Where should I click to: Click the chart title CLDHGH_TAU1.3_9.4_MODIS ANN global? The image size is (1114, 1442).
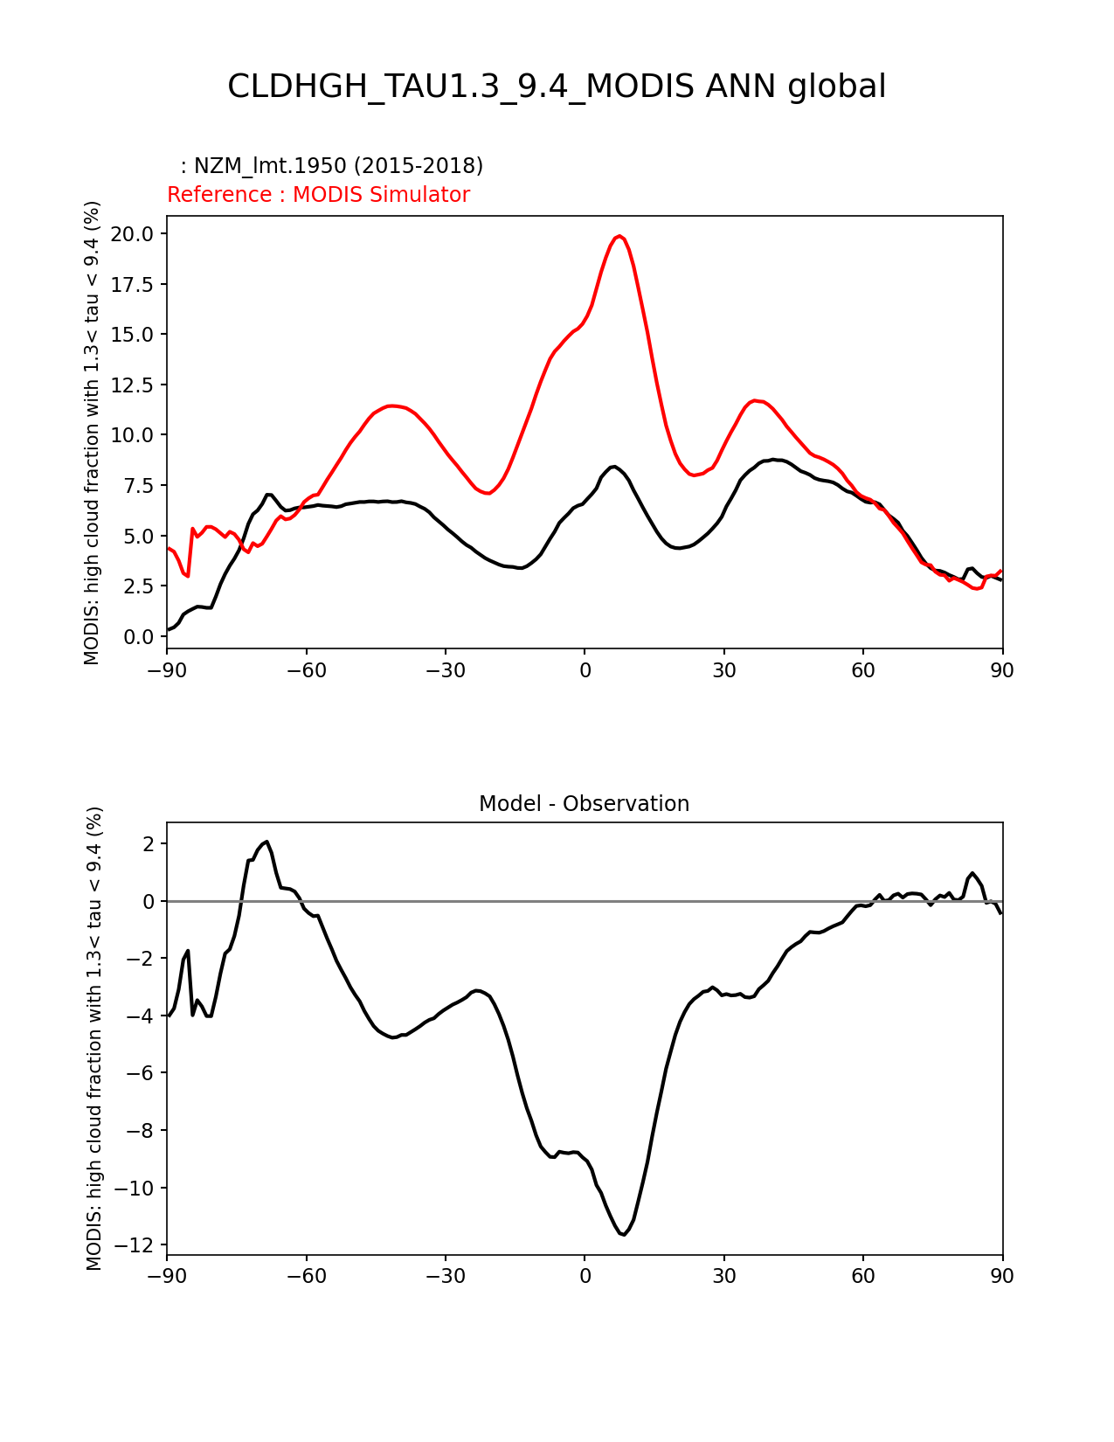point(557,87)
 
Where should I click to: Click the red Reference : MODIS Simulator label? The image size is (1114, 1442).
point(318,195)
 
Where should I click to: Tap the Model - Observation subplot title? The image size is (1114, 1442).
point(584,804)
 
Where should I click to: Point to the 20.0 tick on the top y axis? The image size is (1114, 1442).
point(132,234)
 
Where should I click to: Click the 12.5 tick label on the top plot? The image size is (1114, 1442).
point(132,385)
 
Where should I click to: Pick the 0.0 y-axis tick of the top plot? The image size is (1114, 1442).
point(138,637)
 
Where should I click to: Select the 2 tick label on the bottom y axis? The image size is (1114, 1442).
point(149,844)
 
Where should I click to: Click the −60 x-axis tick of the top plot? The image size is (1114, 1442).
point(306,670)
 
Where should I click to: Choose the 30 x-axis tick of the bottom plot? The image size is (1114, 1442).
point(723,1277)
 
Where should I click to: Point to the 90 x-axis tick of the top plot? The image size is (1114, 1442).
point(1002,670)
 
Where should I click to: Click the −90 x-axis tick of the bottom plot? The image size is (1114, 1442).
point(167,1277)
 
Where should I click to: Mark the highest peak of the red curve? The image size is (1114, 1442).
point(619,236)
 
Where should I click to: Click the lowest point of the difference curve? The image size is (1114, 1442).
point(624,1234)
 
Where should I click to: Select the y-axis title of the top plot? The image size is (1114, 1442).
point(93,433)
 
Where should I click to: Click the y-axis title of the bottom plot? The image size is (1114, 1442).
point(94,1038)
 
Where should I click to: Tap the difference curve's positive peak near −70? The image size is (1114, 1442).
point(266,842)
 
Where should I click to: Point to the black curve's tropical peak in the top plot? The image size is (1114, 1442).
point(614,467)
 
